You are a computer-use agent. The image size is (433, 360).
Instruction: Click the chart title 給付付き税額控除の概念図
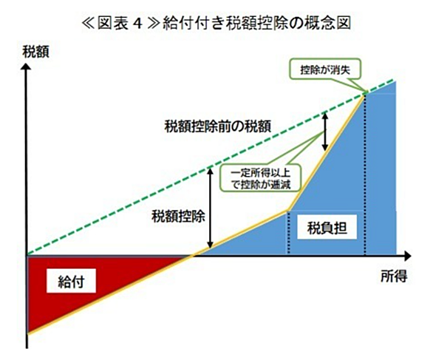[257, 23]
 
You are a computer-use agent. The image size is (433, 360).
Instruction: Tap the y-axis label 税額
[36, 52]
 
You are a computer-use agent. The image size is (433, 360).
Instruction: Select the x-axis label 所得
[394, 276]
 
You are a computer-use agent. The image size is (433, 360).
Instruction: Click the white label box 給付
[71, 281]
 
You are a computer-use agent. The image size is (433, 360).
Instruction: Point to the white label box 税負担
[327, 228]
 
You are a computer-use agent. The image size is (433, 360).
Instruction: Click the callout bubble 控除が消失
[325, 69]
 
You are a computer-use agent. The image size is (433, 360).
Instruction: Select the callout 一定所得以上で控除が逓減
[260, 178]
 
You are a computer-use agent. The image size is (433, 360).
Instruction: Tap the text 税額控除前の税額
[217, 126]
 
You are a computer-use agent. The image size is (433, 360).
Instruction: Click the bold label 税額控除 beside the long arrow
[178, 216]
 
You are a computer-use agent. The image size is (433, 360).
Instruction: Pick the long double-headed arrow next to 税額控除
[211, 208]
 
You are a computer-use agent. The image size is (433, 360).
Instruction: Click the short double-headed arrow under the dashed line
[325, 132]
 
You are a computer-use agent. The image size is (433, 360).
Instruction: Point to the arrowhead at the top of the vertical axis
[27, 67]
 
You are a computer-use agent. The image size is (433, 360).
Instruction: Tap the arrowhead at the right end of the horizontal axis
[408, 256]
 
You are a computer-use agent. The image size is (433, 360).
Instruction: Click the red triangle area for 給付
[83, 285]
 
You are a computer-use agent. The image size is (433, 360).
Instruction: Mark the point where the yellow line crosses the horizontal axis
[191, 256]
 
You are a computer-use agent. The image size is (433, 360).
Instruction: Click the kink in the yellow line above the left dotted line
[289, 211]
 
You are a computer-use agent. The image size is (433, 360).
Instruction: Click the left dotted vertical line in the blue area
[289, 233]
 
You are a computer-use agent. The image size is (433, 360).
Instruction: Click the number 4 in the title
[137, 24]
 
